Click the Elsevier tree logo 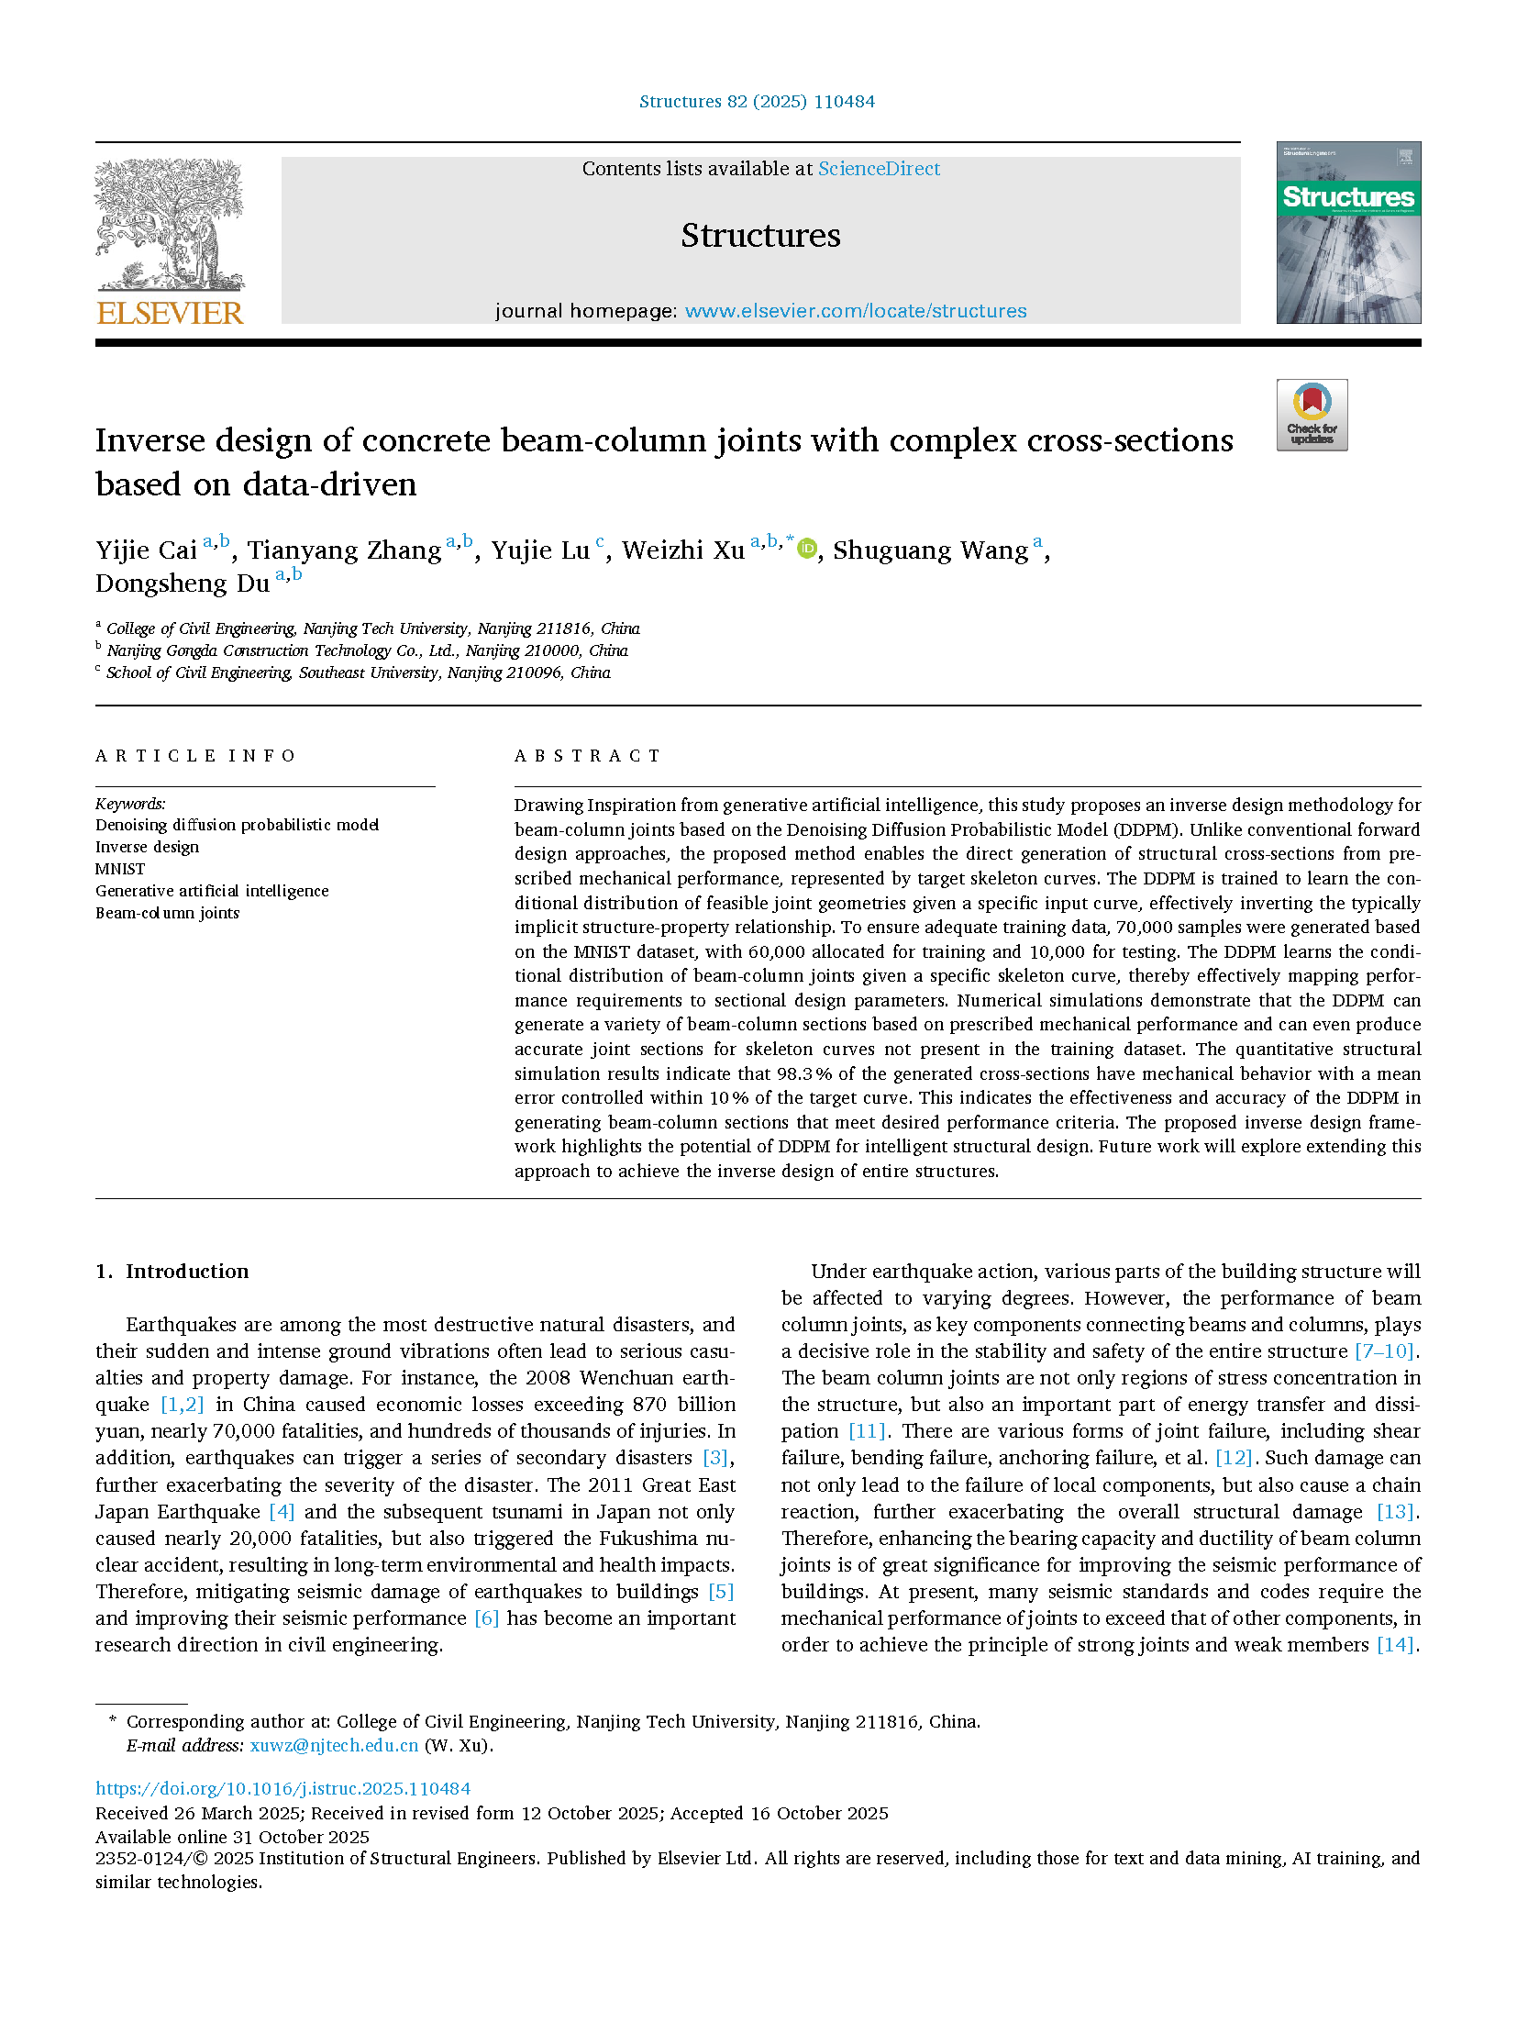click(x=170, y=225)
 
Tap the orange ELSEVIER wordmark click(x=170, y=313)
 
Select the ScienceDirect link click(x=879, y=169)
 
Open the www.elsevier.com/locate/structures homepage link click(x=855, y=311)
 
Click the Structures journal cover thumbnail click(x=1347, y=232)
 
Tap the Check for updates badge click(x=1312, y=415)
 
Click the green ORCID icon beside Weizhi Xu click(x=807, y=549)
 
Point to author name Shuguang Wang click(x=930, y=550)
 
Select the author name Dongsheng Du click(x=183, y=584)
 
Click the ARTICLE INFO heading click(x=195, y=756)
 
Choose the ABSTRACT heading click(x=587, y=756)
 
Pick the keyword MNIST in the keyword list click(x=120, y=869)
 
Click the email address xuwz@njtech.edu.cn click(x=334, y=1745)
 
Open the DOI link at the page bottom click(x=282, y=1788)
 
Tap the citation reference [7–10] click(x=1385, y=1351)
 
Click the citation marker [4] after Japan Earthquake click(x=282, y=1511)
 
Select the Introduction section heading click(x=186, y=1272)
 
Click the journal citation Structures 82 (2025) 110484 click(x=757, y=102)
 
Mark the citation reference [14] click(x=1395, y=1644)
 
